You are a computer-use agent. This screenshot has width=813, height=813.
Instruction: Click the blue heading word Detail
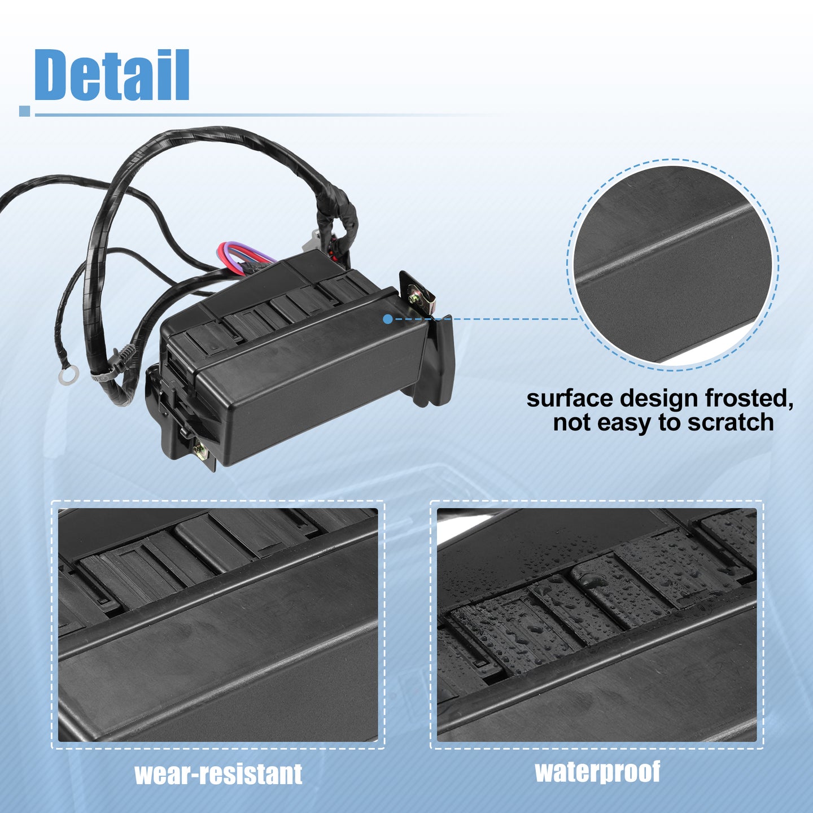coord(112,75)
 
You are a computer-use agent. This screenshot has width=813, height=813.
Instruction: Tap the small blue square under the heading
coord(25,111)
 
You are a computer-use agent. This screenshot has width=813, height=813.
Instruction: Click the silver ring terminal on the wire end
coord(69,375)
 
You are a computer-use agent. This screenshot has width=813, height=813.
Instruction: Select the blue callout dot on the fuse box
coord(388,319)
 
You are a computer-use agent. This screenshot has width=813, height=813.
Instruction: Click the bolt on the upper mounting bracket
coord(415,298)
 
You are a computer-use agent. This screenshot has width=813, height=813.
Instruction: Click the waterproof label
coord(597,772)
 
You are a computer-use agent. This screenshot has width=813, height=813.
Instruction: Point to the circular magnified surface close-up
coord(672,265)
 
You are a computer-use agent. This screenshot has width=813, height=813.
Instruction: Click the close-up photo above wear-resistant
coord(218,625)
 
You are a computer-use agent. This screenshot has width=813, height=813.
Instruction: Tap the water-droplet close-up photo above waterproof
coord(597,625)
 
